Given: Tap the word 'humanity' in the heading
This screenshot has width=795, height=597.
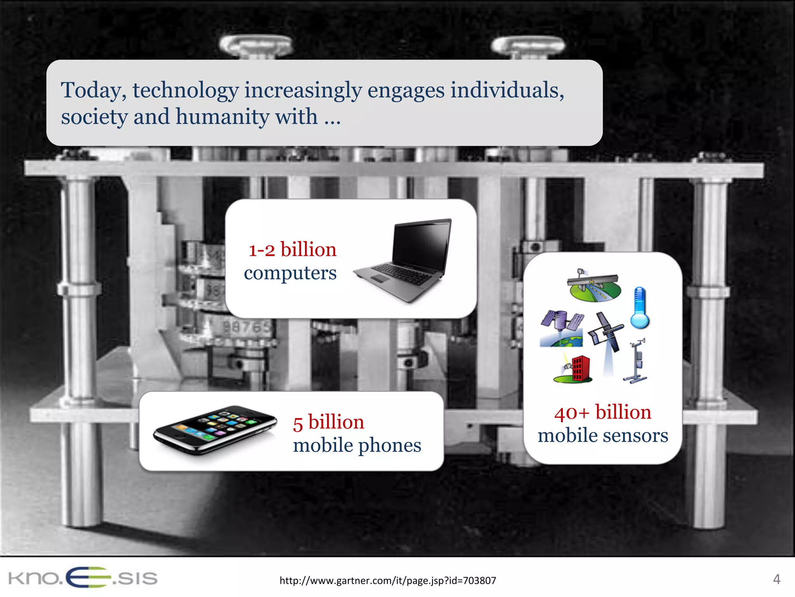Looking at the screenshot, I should coord(222,117).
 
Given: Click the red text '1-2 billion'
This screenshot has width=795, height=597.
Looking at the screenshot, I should coord(292,250).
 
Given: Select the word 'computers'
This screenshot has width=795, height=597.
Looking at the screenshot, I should coord(290,273).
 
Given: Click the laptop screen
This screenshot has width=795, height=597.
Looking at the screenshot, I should coord(422,244).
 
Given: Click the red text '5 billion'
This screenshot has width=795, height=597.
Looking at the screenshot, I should coord(328,422).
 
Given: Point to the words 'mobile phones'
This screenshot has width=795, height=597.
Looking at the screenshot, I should coord(357,445).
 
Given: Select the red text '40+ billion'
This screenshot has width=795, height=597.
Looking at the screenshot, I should coord(602,412).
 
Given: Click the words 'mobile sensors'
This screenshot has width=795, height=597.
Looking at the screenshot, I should coord(602,436).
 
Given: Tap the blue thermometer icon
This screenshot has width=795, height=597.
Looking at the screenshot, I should coord(639,308).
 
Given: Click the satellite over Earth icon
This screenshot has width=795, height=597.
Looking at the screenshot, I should coord(562,328).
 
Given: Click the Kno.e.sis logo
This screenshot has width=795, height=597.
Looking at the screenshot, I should coord(83,578).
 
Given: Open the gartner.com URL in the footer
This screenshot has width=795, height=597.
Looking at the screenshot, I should coord(387,581).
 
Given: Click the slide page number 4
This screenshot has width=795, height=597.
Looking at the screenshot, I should coord(776,579).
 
